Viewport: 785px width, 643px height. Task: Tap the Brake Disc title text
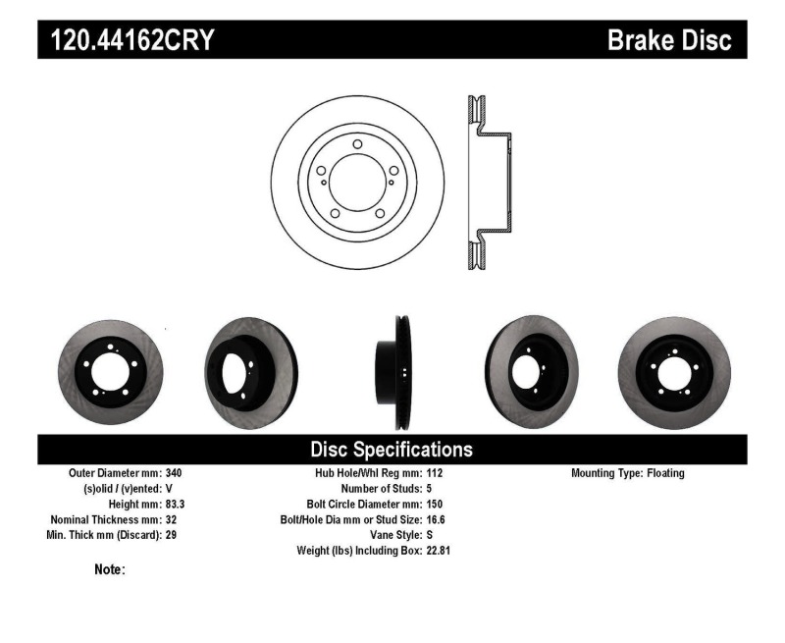click(669, 40)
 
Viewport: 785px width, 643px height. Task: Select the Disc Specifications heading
click(392, 450)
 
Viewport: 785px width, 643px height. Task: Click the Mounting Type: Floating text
click(628, 473)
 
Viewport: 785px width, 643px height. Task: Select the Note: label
click(109, 569)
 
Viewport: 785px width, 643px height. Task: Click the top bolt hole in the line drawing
click(357, 145)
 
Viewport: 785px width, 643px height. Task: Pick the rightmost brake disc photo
click(675, 371)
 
